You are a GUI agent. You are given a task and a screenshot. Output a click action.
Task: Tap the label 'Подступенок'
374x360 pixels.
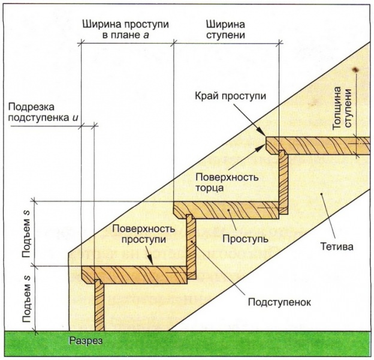[x=279, y=302]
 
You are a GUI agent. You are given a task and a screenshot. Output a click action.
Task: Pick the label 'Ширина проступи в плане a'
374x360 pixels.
[x=123, y=30]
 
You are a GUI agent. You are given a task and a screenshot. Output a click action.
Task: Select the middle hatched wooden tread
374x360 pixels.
[x=228, y=210]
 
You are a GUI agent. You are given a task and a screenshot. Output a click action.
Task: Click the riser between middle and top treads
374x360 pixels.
[x=283, y=183]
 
